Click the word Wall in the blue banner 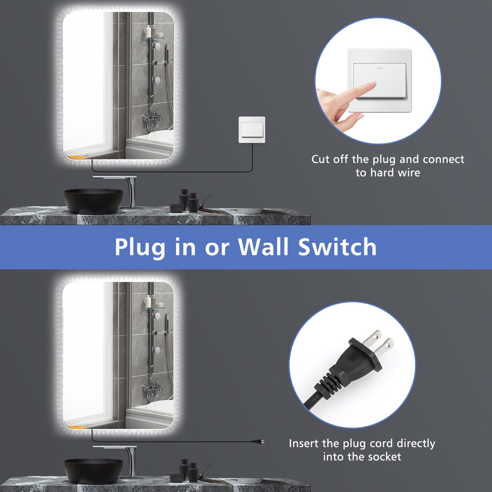[x=263, y=247]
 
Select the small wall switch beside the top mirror [x=252, y=130]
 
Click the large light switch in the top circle [x=379, y=80]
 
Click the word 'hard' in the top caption [x=381, y=173]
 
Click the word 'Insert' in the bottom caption [x=304, y=443]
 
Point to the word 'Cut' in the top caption [x=320, y=159]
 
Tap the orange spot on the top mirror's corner [x=77, y=157]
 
